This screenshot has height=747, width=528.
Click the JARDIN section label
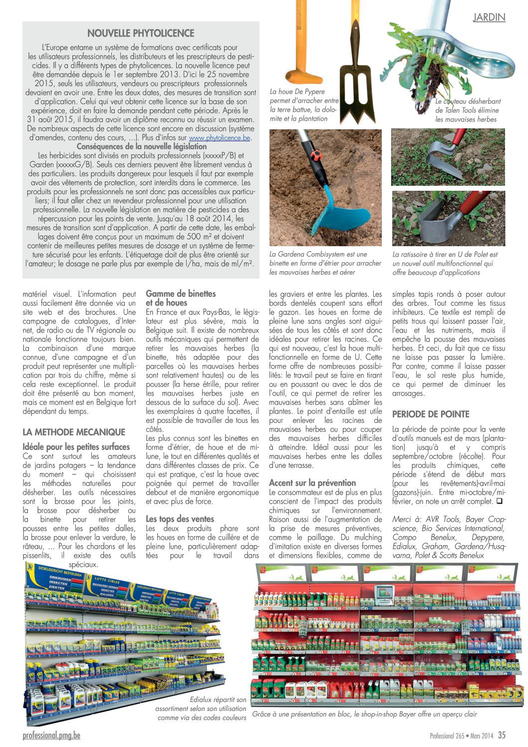(489, 17)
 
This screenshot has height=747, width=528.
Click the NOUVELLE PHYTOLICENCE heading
(141, 33)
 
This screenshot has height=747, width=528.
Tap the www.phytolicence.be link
(220, 138)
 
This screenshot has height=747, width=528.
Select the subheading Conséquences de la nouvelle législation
(141, 146)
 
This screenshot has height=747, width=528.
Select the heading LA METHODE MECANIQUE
(74, 432)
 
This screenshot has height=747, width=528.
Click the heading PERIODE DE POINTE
(431, 414)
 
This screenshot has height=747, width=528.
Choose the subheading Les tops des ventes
(180, 519)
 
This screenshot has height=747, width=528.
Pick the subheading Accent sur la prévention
(312, 483)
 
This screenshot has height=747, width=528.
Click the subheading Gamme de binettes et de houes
(181, 298)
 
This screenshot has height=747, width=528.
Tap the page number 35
(502, 735)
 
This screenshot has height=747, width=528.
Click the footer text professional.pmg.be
(51, 735)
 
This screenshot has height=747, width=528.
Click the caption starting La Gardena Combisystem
(325, 263)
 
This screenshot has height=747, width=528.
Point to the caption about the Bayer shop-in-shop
(364, 714)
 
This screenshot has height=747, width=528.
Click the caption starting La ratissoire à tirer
(445, 263)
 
